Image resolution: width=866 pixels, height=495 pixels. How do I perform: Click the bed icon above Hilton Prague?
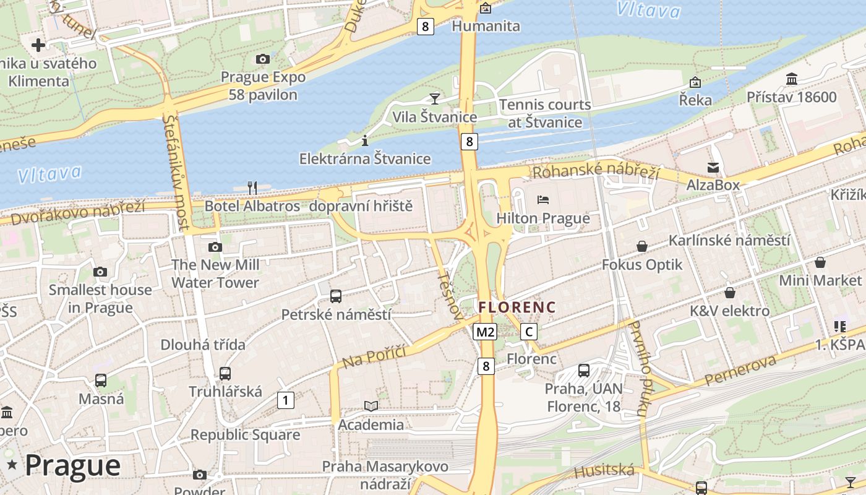[543, 199]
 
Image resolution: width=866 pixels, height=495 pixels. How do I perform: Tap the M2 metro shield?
[485, 332]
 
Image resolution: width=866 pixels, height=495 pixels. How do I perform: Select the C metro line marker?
[529, 332]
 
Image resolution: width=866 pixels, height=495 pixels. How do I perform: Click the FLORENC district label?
[517, 307]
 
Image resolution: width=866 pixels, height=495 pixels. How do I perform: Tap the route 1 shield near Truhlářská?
[285, 400]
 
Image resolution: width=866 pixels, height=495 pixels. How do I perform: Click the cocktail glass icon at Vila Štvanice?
[435, 98]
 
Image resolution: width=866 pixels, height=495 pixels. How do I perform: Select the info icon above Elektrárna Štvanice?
[365, 140]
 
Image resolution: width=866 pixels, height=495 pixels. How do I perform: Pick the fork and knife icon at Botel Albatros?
[252, 187]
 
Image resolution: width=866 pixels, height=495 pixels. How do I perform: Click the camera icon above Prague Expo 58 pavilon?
[263, 59]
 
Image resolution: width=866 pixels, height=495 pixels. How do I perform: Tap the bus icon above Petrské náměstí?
[336, 296]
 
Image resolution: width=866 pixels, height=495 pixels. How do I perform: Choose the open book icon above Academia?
[371, 406]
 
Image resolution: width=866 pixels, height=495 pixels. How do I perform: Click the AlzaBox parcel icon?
[713, 167]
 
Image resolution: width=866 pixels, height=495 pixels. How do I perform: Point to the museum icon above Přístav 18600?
[792, 79]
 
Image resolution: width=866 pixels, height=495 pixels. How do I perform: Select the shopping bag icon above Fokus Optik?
[642, 246]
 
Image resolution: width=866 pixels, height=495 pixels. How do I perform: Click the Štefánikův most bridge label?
[176, 171]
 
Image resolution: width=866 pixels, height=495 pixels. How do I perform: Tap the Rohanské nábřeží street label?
[596, 171]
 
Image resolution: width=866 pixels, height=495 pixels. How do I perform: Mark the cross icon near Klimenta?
[38, 45]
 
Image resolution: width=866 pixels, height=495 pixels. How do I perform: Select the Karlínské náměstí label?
[729, 240]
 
